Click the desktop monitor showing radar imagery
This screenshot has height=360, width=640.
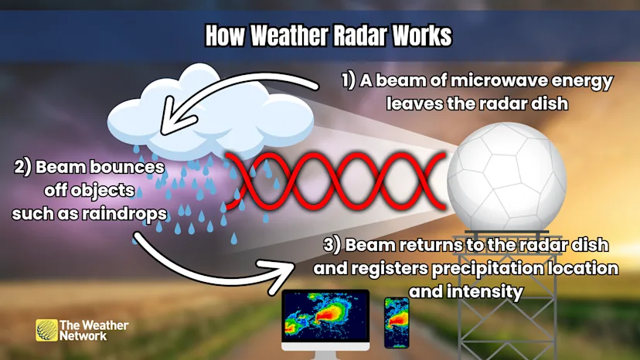pos(325,318)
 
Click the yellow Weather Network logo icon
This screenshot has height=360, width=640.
pos(46,331)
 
